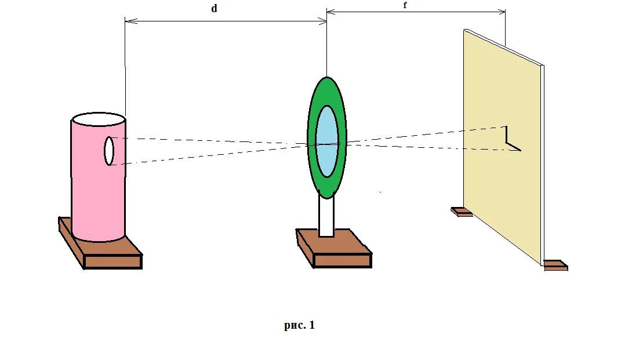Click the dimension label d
[213, 9]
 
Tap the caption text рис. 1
[299, 325]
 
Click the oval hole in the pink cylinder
[108, 151]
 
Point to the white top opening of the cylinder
[98, 120]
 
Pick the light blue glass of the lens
[327, 141]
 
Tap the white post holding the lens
[326, 217]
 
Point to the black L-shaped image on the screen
[508, 140]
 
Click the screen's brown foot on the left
[462, 212]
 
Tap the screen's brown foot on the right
[555, 266]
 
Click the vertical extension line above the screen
[506, 29]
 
